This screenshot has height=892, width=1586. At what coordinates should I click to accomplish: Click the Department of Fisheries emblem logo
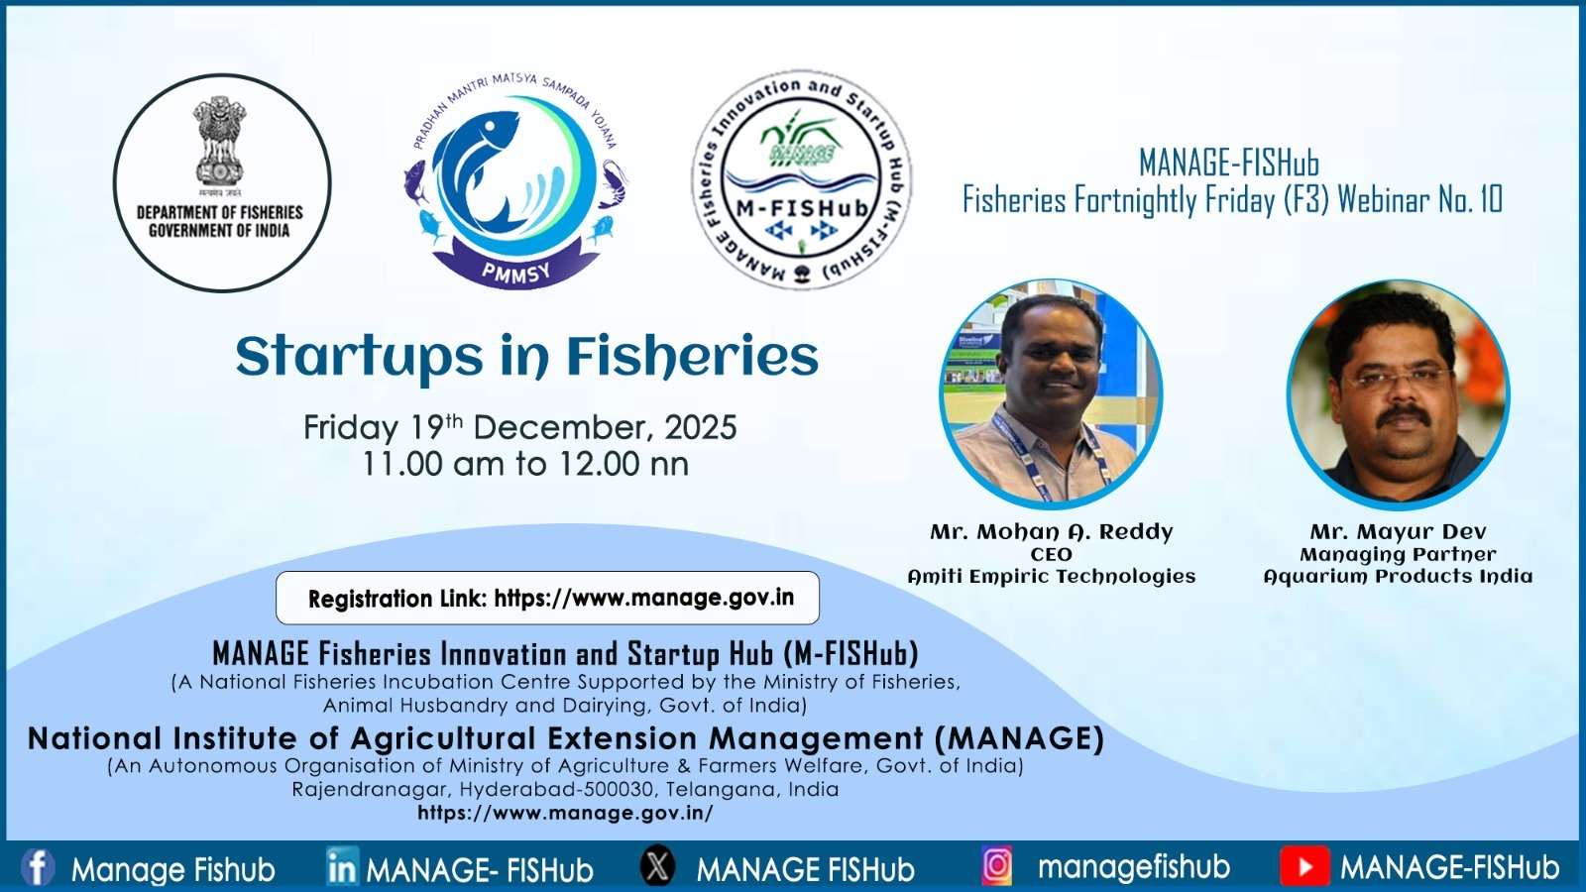[x=222, y=182]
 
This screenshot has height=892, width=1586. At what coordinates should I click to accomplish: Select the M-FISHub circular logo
[x=802, y=179]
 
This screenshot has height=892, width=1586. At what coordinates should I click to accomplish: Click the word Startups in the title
[x=360, y=358]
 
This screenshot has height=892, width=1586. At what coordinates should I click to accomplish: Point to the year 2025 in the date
[x=700, y=427]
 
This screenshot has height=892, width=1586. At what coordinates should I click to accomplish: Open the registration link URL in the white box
[x=643, y=599]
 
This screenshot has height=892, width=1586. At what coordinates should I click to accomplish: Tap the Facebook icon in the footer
[x=38, y=867]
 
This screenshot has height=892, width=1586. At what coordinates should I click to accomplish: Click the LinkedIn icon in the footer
[x=343, y=866]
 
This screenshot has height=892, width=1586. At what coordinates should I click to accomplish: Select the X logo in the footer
[x=658, y=865]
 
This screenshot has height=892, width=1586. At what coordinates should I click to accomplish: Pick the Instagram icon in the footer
[x=997, y=866]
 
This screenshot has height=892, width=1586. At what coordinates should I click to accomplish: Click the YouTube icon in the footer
[x=1304, y=866]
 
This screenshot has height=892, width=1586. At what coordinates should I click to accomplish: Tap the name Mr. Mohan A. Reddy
[x=1052, y=531]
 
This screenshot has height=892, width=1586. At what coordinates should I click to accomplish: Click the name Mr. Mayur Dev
[x=1399, y=531]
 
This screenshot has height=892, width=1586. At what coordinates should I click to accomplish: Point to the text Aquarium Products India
[x=1399, y=576]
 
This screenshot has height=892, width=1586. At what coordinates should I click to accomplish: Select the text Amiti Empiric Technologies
[x=1052, y=576]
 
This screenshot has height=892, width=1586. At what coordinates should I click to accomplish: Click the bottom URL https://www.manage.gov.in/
[x=565, y=812]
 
